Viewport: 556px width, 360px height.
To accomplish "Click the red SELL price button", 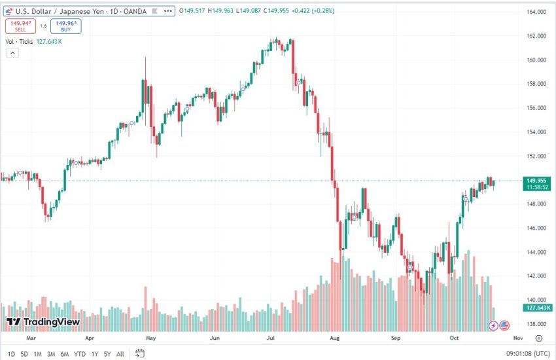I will pyautogui.click(x=20, y=26).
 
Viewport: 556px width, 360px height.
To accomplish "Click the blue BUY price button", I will pyautogui.click(x=65, y=26).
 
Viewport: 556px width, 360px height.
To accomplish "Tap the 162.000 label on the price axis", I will pyautogui.click(x=536, y=36).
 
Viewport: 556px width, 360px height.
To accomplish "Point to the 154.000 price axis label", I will pyautogui.click(x=536, y=132).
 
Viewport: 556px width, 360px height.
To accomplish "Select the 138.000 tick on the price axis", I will pyautogui.click(x=536, y=324).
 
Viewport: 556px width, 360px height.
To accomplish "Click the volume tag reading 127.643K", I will pyautogui.click(x=536, y=308).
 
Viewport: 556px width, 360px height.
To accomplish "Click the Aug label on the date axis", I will pyautogui.click(x=335, y=338).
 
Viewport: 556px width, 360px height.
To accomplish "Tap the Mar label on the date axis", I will pyautogui.click(x=30, y=338).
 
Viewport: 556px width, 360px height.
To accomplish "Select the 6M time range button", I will pyautogui.click(x=65, y=354).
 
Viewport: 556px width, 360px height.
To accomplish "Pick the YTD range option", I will pyautogui.click(x=80, y=354).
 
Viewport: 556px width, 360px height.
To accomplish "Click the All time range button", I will pyautogui.click(x=120, y=354).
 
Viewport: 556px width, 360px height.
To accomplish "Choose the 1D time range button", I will pyautogui.click(x=11, y=354).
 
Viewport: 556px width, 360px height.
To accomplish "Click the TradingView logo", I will pyautogui.click(x=43, y=322).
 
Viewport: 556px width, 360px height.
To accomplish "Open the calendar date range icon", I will pyautogui.click(x=140, y=353).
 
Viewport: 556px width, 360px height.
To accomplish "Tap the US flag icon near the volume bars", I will pyautogui.click(x=504, y=325).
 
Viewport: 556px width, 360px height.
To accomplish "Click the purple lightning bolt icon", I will pyautogui.click(x=493, y=325).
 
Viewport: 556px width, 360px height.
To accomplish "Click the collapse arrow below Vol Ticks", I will pyautogui.click(x=11, y=53).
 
